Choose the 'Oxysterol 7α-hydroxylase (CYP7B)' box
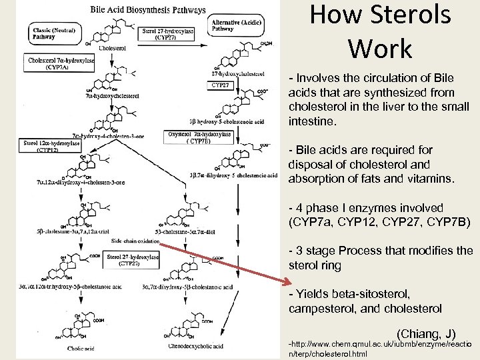(x=200, y=137)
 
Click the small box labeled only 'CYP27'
(x=221, y=85)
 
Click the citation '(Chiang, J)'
(x=426, y=332)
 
